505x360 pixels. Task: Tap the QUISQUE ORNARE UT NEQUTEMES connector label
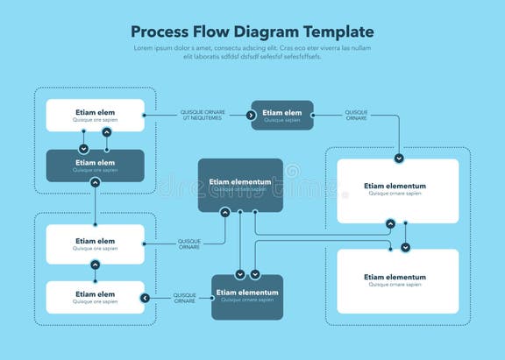tap(203, 115)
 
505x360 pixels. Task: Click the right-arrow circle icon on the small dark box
tap(254, 115)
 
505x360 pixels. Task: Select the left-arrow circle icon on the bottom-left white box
tap(145, 298)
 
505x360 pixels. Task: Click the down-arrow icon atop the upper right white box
tap(399, 159)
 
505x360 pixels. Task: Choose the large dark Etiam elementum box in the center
tap(240, 185)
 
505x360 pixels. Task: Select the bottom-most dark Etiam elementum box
tap(247, 297)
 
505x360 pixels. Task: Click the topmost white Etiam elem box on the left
tap(95, 115)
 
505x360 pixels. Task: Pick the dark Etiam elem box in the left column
tap(95, 166)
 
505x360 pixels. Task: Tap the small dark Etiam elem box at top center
tap(282, 115)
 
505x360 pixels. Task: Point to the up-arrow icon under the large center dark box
tap(225, 212)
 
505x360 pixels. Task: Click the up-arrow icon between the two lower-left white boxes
tap(95, 265)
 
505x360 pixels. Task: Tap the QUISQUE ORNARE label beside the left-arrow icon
tap(184, 298)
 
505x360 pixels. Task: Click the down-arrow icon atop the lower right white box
tap(405, 248)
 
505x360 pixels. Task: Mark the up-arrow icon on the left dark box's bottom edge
tap(95, 182)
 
